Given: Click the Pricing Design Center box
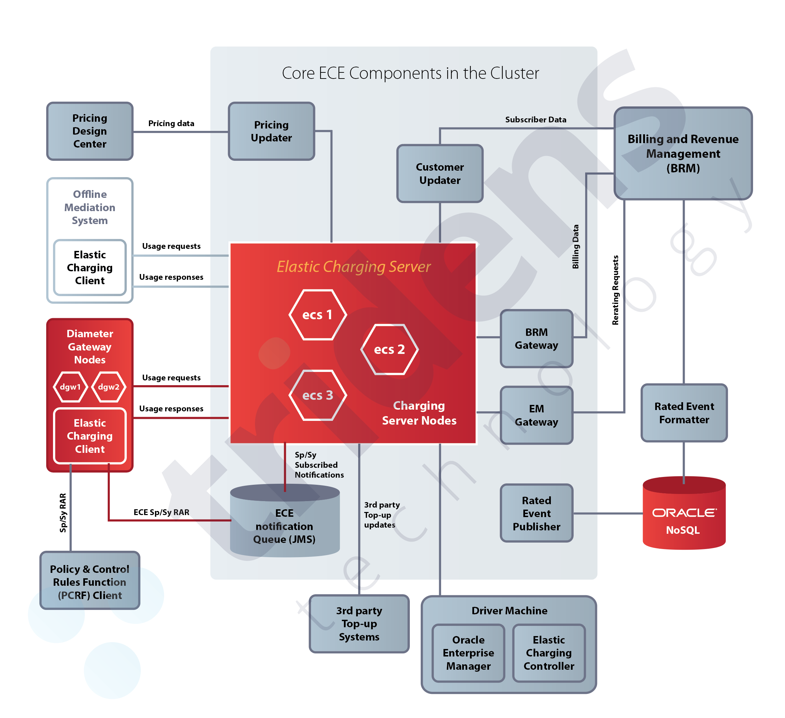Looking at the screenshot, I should [90, 131].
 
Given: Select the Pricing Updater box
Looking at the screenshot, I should [272, 131].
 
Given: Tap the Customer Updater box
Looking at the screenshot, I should [440, 174].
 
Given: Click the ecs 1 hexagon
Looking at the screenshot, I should [317, 315].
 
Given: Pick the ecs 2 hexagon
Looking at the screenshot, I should [389, 349].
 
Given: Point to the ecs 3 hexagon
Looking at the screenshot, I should [317, 395].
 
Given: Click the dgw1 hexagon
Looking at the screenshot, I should [70, 387].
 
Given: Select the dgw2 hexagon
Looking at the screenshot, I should [109, 387].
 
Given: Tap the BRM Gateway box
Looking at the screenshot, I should [536, 339].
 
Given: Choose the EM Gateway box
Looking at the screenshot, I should [536, 415].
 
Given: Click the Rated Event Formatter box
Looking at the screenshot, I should [684, 413].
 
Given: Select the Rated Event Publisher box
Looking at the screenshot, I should [536, 513].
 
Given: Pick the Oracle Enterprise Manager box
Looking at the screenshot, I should [468, 653].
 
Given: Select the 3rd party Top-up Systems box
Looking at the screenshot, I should [359, 623].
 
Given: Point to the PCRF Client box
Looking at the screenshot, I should [90, 582].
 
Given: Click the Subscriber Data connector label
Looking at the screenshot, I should [536, 120].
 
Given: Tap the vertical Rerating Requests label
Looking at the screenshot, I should [615, 290].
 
